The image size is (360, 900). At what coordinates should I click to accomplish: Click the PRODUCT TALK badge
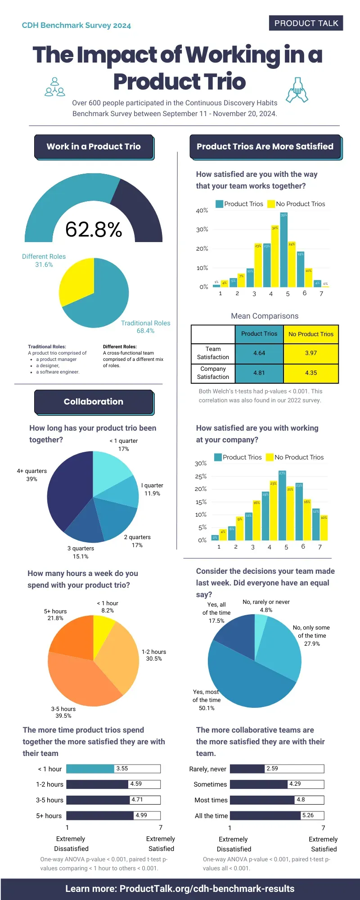pyautogui.click(x=306, y=23)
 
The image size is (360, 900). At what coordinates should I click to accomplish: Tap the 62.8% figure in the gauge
pyautogui.click(x=94, y=229)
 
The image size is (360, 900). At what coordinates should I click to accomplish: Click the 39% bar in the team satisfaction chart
pyautogui.click(x=283, y=252)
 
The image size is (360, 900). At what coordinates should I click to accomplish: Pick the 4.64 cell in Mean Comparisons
pyautogui.click(x=259, y=353)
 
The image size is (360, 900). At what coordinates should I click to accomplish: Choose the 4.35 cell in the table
pyautogui.click(x=311, y=373)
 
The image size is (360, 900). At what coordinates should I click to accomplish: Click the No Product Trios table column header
pyautogui.click(x=311, y=334)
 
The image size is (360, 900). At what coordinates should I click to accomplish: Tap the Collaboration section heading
pyautogui.click(x=94, y=402)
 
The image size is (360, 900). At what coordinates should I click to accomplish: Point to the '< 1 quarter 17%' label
pyautogui.click(x=124, y=445)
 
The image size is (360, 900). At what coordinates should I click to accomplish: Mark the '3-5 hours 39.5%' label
pyautogui.click(x=63, y=712)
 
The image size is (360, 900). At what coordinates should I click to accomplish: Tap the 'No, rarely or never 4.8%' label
pyautogui.click(x=266, y=606)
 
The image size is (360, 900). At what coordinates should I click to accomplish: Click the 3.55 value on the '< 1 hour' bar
pyautogui.click(x=122, y=769)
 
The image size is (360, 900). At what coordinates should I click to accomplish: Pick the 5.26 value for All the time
pyautogui.click(x=308, y=815)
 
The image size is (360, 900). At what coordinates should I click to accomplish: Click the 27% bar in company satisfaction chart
pyautogui.click(x=282, y=506)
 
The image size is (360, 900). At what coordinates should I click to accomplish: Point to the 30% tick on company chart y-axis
pyautogui.click(x=201, y=463)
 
